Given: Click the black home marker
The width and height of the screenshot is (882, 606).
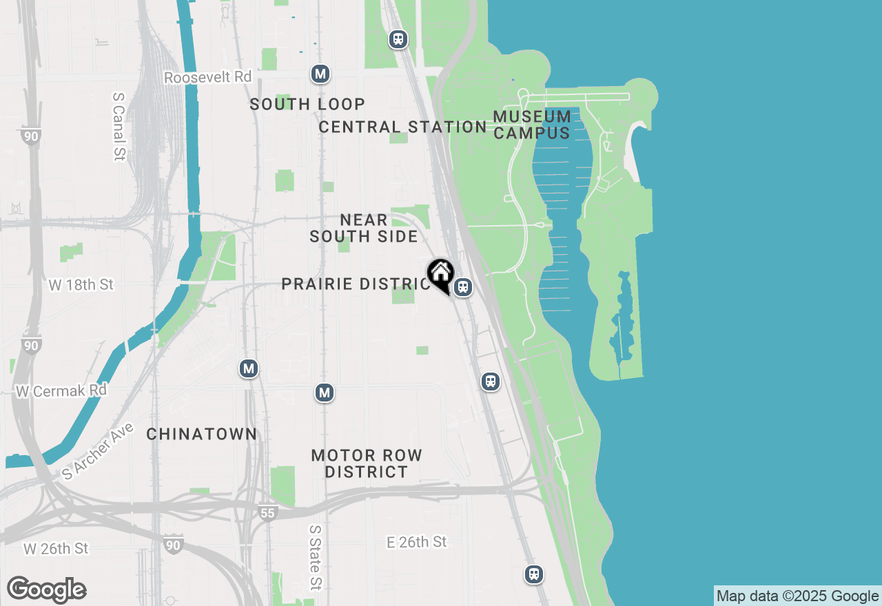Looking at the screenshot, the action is tap(440, 275).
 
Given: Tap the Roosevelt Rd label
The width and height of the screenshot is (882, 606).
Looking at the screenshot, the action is tap(207, 77).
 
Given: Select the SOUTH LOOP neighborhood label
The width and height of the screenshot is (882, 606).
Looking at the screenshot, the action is tap(307, 105).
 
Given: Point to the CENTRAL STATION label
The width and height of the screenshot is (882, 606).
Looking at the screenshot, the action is tap(402, 127).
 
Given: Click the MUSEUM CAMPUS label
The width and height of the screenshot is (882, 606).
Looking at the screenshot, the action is tap(532, 125).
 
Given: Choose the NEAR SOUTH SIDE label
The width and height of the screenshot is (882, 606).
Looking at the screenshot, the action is tap(364, 228).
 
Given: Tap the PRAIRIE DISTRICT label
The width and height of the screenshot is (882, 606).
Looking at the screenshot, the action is tap(356, 284).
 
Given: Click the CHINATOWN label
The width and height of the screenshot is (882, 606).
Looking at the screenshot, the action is tap(202, 435).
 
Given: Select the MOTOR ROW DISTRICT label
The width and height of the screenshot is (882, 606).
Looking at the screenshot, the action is tap(367, 463).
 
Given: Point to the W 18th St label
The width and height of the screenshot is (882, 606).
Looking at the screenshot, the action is tap(81, 284).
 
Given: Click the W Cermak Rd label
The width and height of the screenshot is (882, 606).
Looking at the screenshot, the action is tap(61, 390).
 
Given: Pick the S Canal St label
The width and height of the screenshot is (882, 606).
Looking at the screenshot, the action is tap(118, 127).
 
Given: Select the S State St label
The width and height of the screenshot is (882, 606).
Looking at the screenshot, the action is tap(315, 558).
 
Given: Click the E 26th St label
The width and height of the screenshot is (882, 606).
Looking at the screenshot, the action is tap(416, 543).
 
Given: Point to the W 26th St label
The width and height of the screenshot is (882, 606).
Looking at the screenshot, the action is tap(56, 549).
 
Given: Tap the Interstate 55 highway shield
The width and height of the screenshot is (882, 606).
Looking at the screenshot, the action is tap(267, 512).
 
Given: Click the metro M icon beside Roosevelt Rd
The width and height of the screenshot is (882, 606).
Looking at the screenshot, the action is tap(319, 74).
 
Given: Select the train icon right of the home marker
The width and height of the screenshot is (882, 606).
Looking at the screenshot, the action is tap(463, 287).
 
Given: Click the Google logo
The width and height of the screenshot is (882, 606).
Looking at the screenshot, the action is tap(46, 590).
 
